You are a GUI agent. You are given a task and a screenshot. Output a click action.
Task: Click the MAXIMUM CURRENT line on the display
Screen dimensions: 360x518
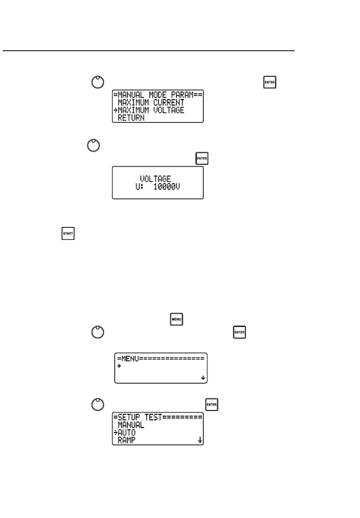pos(151,103)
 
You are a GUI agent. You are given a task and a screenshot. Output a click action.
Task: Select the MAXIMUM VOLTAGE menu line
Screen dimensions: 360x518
pos(151,110)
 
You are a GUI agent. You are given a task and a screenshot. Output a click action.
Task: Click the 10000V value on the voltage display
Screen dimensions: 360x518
pos(165,187)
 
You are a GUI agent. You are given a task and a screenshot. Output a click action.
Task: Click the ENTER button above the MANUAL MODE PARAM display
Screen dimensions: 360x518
pos(270,83)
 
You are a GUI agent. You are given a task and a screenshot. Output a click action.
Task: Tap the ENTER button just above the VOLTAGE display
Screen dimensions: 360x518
pos(201,159)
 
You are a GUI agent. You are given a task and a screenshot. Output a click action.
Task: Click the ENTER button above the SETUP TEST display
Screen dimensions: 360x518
pos(212,404)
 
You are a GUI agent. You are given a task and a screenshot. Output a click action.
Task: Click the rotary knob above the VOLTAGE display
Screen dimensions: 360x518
pos(93,145)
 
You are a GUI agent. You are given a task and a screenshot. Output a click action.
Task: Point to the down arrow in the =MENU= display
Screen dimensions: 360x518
pos(203,378)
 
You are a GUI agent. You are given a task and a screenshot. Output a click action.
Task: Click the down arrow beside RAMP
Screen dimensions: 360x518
pos(200,440)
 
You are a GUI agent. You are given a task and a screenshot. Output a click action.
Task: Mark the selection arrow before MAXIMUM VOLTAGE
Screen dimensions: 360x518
pos(116,111)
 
